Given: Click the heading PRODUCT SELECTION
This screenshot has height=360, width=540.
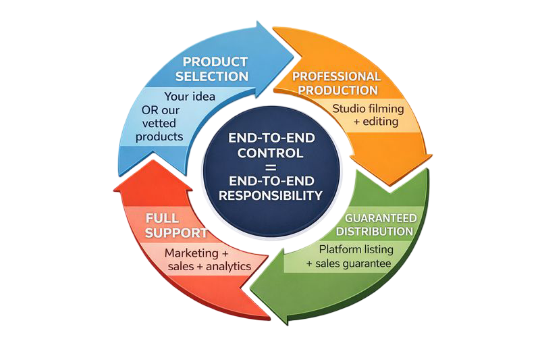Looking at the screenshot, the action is (212, 70).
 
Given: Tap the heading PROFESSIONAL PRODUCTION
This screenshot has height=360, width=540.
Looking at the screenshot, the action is (336, 83).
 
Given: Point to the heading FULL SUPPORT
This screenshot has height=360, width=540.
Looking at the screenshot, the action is (175, 226).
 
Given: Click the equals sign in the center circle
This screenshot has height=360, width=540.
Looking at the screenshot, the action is (271, 167).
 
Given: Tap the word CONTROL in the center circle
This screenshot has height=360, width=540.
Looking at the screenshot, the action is (271, 153).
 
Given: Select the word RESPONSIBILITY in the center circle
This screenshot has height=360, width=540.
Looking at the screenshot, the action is (271, 196).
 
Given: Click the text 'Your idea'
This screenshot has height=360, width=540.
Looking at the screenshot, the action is (190, 97).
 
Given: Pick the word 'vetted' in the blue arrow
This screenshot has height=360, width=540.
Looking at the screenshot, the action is (159, 124).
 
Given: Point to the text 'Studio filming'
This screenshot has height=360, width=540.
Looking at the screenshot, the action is (368, 109).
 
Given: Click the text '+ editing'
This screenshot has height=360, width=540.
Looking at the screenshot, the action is (376, 122).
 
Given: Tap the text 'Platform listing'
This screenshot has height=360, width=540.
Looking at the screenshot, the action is (356, 249).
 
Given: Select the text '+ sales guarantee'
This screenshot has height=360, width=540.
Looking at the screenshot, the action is (349, 264).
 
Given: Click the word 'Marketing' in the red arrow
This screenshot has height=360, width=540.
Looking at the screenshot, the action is (192, 253).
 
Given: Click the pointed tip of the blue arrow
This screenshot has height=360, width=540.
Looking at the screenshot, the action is (294, 55).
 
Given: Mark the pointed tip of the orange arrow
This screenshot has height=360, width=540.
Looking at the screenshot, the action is (390, 186).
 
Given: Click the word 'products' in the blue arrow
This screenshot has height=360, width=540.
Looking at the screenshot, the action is (159, 137).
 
